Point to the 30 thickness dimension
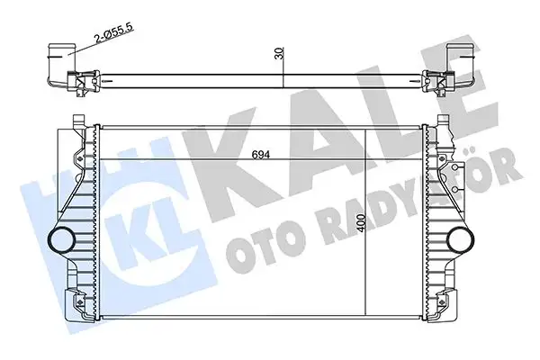[x=279, y=53]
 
